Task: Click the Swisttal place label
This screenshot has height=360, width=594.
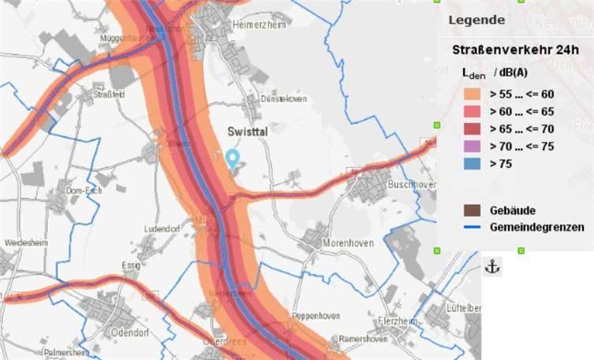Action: tap(247, 132)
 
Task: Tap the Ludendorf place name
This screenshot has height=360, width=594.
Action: tap(161, 228)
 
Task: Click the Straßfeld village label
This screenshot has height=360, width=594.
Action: tap(109, 94)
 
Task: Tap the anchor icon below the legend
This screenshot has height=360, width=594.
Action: tap(492, 267)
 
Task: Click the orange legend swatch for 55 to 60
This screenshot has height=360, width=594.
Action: tap(472, 94)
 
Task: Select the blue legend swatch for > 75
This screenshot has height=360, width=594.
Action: tap(472, 164)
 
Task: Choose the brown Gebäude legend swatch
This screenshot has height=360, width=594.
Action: tap(472, 210)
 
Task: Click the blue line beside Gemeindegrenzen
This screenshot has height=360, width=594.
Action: tap(472, 227)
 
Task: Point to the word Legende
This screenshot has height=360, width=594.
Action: tap(477, 20)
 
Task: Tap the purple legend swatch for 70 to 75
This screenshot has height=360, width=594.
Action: tap(472, 146)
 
